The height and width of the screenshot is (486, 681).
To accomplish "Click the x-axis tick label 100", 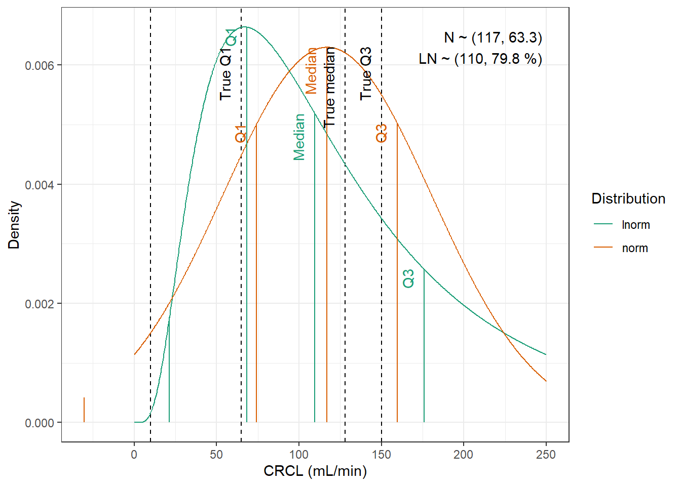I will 298,455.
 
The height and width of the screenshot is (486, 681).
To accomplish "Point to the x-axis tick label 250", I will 546,455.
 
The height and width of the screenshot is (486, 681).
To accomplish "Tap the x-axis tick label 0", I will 134,455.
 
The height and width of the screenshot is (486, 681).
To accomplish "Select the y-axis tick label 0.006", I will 40,65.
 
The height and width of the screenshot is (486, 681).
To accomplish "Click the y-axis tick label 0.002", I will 40,304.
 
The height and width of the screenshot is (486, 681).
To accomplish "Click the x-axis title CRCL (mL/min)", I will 315,471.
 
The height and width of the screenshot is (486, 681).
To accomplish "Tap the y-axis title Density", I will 14,225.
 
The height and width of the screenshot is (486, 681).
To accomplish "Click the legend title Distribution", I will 628,198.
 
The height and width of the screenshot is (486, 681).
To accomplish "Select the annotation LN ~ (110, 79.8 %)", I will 480,59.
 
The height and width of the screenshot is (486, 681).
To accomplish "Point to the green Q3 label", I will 408,278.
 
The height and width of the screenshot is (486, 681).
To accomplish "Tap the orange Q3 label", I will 381,133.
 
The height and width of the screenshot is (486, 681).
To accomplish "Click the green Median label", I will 299,137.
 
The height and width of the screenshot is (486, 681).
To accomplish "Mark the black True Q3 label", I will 366,73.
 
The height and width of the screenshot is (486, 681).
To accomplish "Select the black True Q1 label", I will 225,72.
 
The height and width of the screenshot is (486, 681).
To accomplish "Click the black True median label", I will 329,87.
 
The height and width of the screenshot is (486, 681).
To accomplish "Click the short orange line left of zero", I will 84,410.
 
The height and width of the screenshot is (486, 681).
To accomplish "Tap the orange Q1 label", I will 241,134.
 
